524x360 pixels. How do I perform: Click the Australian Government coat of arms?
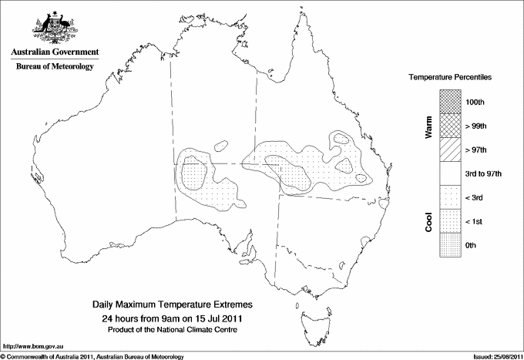click(54, 29)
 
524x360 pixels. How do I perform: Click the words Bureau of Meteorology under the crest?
click(55, 67)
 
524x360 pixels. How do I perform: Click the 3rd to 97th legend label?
click(484, 174)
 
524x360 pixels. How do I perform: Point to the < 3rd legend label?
click(475, 198)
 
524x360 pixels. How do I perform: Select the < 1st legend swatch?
click(452, 222)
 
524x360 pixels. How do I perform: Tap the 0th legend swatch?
click(452, 245)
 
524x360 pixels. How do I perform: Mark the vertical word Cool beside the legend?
click(429, 221)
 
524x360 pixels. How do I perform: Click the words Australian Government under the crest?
click(55, 52)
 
